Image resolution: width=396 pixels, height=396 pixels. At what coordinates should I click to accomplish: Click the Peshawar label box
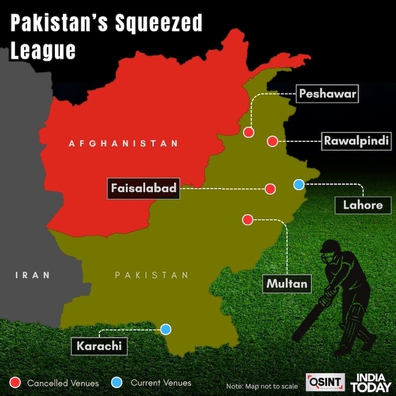pyautogui.click(x=327, y=95)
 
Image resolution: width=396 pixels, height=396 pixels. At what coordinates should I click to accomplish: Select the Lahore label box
pyautogui.click(x=362, y=204)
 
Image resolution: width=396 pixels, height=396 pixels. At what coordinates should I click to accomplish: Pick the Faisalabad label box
pyautogui.click(x=143, y=188)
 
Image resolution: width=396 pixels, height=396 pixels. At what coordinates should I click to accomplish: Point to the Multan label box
pyautogui.click(x=287, y=284)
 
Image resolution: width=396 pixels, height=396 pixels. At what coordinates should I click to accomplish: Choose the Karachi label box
pyautogui.click(x=99, y=346)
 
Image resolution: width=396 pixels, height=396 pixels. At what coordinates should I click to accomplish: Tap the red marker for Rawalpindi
pyautogui.click(x=272, y=141)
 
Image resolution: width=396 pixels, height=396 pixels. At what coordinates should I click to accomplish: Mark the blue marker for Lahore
pyautogui.click(x=299, y=184)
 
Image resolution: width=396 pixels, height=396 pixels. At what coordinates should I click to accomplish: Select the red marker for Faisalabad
pyautogui.click(x=270, y=188)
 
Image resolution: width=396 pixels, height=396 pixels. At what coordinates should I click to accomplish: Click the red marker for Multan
pyautogui.click(x=247, y=220)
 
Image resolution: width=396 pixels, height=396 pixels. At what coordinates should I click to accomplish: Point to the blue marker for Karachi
pyautogui.click(x=166, y=329)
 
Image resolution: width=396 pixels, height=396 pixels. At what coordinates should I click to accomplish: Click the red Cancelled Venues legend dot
pyautogui.click(x=15, y=382)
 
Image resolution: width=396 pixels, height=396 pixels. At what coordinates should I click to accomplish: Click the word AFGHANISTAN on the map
pyautogui.click(x=123, y=143)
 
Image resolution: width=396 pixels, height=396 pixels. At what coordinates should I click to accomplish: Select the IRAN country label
pyautogui.click(x=33, y=275)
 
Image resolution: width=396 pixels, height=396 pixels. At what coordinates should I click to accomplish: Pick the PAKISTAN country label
pyautogui.click(x=152, y=275)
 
